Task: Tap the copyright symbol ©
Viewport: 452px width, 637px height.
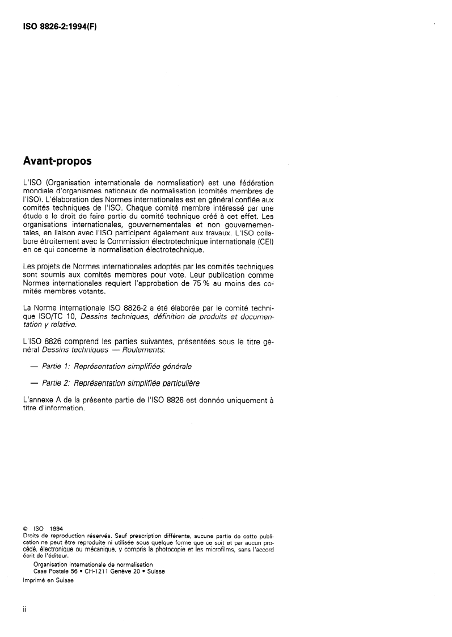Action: (x=25, y=530)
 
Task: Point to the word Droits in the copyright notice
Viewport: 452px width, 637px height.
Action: (x=31, y=536)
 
